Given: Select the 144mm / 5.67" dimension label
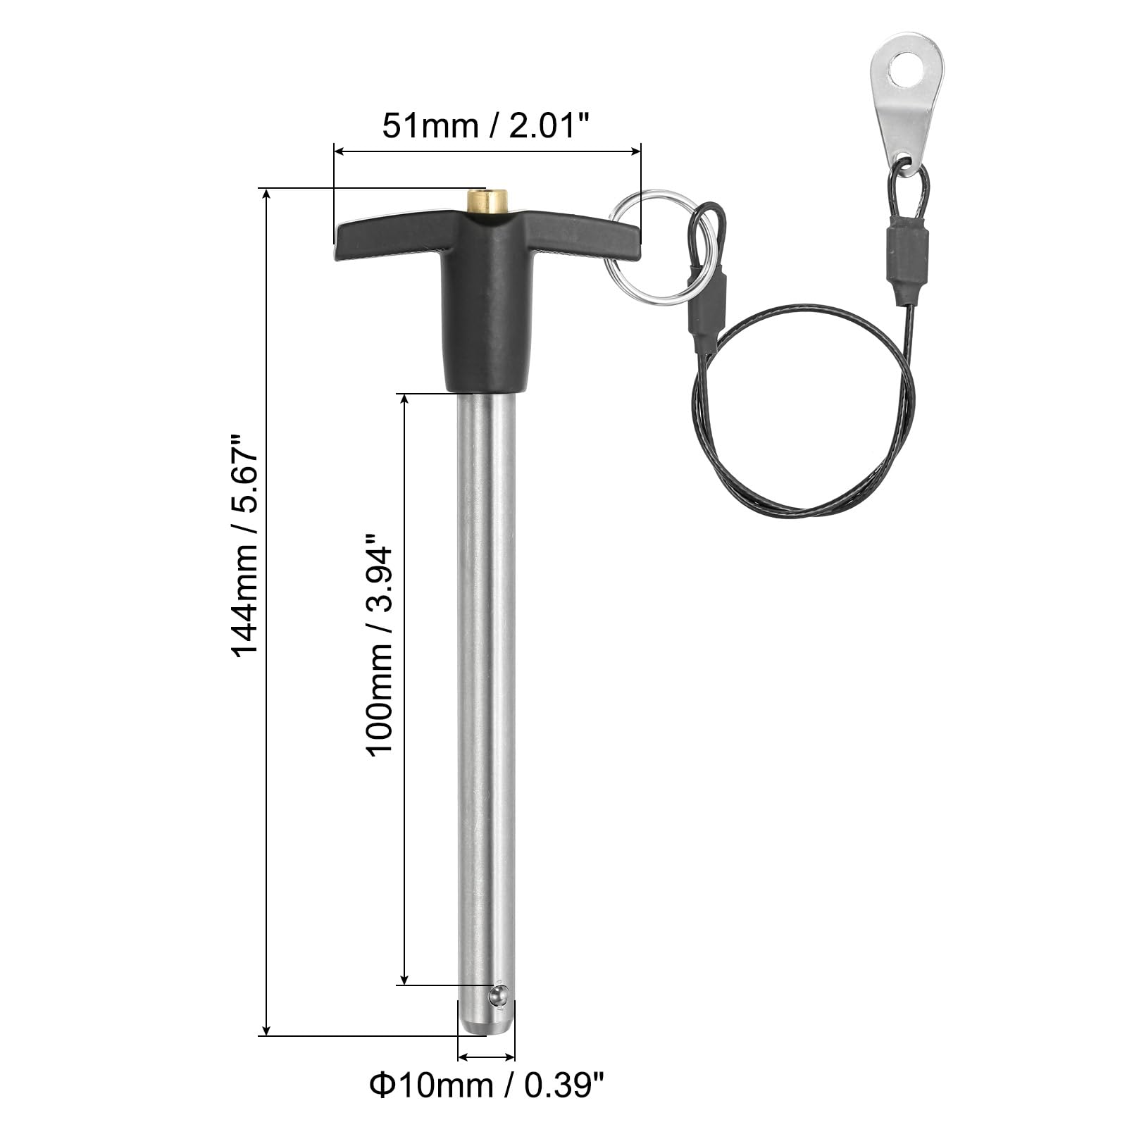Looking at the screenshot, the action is pyautogui.click(x=249, y=546).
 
